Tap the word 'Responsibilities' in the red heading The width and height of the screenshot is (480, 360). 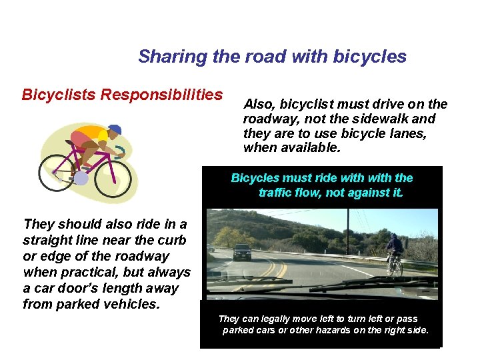pos(161,95)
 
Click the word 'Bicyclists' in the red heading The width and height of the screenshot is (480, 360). pos(59,95)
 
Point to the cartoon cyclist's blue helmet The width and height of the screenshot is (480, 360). pos(114,130)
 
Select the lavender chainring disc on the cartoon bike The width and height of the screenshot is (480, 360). pos(81,178)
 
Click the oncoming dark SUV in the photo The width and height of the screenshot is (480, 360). pos(242,251)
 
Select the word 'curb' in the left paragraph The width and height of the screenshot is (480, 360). pos(171,240)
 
